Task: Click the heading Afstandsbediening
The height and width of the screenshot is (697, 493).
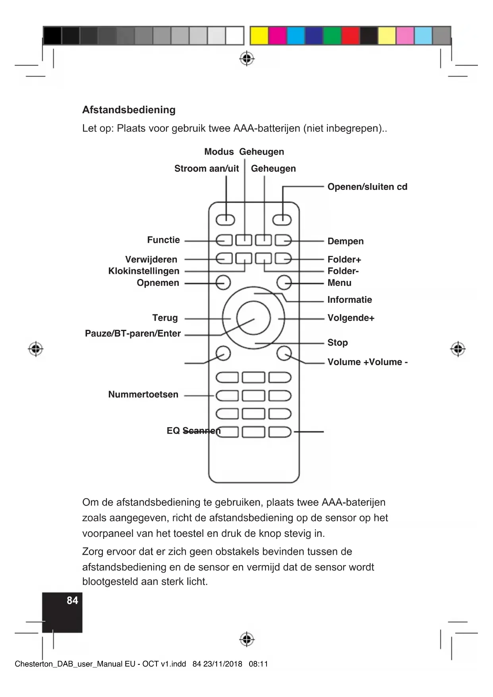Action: (129, 110)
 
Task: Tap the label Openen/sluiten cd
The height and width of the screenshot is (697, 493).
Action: (367, 187)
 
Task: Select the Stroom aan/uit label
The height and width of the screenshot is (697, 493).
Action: (207, 168)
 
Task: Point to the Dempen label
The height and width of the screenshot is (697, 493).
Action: (345, 241)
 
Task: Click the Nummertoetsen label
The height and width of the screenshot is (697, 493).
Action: (143, 395)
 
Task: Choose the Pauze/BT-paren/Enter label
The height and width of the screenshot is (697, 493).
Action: (133, 333)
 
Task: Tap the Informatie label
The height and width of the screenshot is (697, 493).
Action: (350, 300)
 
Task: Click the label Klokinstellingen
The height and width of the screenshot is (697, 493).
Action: (144, 271)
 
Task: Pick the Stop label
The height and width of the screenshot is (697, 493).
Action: (337, 343)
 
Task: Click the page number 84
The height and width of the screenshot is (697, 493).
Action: (72, 600)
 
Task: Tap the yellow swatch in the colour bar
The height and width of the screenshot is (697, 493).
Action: (259, 36)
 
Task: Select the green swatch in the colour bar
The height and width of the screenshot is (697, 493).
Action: (332, 36)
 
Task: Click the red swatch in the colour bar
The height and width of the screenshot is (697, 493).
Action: (350, 36)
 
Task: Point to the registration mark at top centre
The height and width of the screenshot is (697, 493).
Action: (247, 59)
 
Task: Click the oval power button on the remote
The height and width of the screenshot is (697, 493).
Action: (225, 219)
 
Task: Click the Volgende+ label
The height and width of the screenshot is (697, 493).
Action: (351, 318)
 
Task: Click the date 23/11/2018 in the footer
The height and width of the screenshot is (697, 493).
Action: (222, 664)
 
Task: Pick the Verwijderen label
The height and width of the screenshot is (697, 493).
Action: (151, 259)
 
